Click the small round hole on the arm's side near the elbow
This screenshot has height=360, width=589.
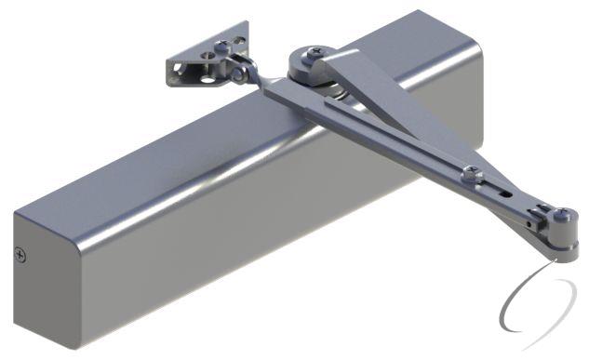pyautogui.click(x=535, y=224)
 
